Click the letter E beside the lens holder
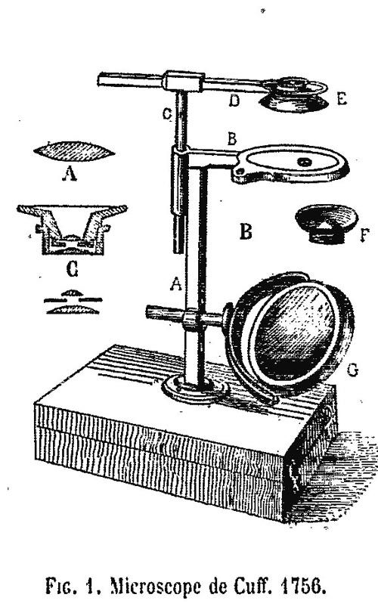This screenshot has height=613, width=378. click(x=342, y=99)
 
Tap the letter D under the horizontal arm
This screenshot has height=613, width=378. click(x=234, y=101)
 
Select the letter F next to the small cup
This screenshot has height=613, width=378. click(x=364, y=235)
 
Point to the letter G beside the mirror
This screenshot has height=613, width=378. click(x=352, y=370)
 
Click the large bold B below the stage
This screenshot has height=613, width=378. click(x=246, y=231)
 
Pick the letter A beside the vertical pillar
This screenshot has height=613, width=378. click(x=176, y=283)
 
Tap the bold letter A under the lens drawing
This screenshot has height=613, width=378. click(x=70, y=173)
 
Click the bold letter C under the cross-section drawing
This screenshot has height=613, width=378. click(x=73, y=269)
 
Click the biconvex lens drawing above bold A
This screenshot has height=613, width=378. click(x=74, y=152)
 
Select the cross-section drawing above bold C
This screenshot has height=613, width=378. click(x=73, y=229)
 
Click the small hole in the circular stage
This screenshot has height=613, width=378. click(x=303, y=161)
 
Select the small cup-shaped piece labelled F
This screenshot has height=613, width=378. click(x=327, y=224)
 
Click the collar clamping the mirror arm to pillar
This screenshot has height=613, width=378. click(x=191, y=319)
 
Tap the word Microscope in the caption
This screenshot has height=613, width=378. click(x=156, y=587)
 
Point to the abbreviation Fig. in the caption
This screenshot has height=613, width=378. click(x=62, y=587)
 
